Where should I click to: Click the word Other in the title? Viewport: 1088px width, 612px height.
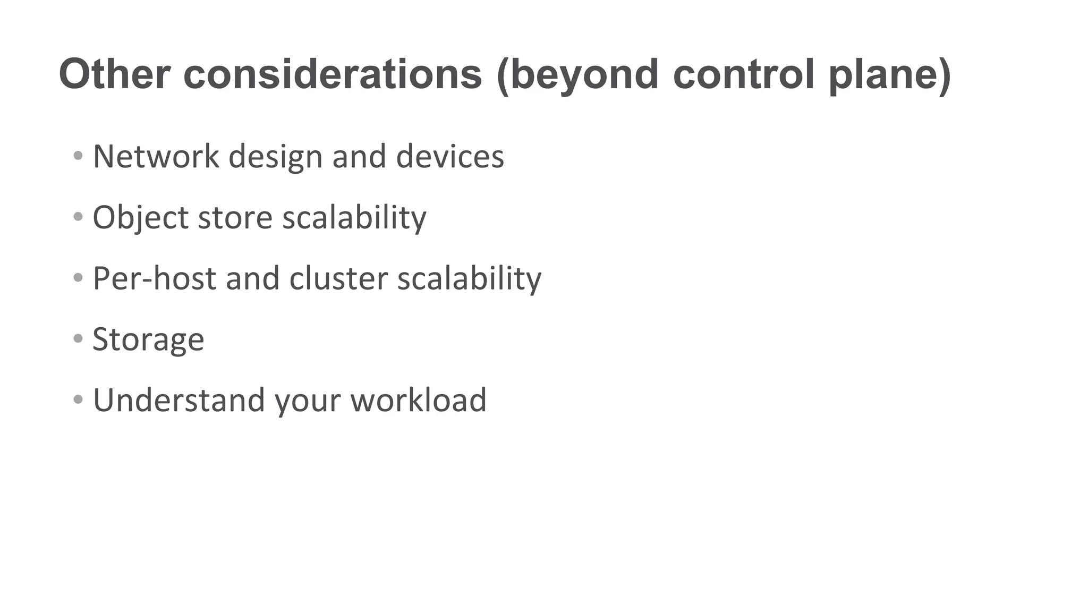(x=115, y=74)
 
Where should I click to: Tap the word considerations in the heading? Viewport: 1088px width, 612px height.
(x=333, y=74)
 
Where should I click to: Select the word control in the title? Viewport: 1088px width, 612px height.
(x=743, y=74)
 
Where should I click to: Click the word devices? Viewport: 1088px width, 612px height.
(x=450, y=157)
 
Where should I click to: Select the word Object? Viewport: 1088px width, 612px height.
(x=141, y=218)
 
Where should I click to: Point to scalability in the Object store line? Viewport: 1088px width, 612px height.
(x=354, y=218)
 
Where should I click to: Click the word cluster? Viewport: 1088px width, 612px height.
(x=338, y=278)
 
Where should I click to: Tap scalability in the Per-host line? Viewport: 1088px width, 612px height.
(x=469, y=278)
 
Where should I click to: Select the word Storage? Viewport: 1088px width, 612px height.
(x=148, y=339)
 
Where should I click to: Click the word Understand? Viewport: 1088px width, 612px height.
(x=178, y=400)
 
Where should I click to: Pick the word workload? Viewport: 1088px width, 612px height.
(x=418, y=400)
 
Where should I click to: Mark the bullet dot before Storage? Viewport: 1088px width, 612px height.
(x=78, y=338)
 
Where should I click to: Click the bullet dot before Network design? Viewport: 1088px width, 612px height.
(x=78, y=156)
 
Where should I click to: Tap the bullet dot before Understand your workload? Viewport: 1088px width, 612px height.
(x=78, y=399)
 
